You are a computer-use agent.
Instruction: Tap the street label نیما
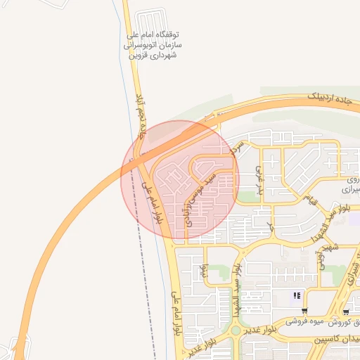205,270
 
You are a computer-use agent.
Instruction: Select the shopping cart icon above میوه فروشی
304,311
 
